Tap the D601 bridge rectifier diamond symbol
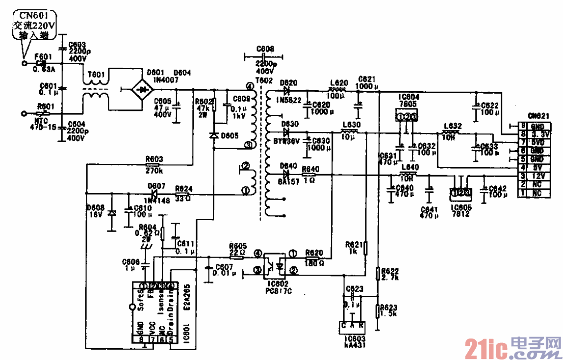pos(142,90)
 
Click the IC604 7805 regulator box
pos(407,116)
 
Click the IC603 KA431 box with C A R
pos(352,325)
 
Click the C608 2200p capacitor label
pos(265,49)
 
